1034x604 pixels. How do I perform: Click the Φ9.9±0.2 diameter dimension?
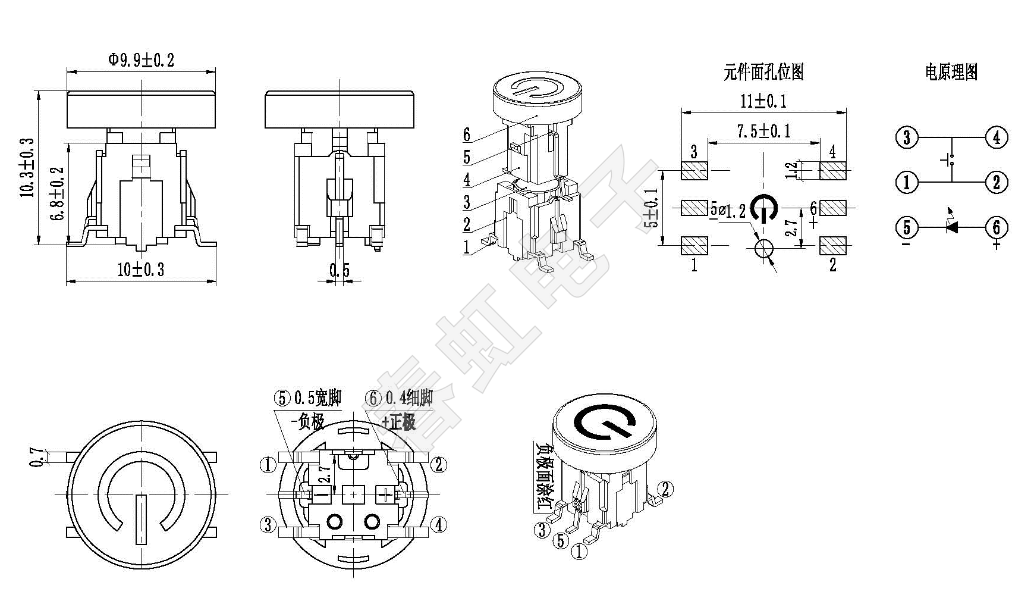pos(141,60)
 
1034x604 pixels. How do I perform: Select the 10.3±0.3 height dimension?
pos(27,168)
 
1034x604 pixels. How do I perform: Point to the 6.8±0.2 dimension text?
pos(58,193)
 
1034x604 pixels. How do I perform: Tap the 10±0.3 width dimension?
pos(140,270)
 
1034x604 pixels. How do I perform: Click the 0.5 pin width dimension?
pos(340,271)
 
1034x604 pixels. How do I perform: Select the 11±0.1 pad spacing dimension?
pos(763,101)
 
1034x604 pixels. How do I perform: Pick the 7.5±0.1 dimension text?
pos(764,131)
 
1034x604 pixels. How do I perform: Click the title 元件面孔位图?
pos(763,72)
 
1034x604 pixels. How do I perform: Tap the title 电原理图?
pos(951,72)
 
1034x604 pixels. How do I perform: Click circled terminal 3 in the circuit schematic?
pos(907,137)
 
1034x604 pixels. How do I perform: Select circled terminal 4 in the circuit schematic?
pos(997,137)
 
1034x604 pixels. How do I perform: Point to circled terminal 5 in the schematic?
pos(907,227)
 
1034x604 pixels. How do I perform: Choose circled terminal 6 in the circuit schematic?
pos(997,227)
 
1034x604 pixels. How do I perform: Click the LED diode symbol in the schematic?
pos(951,226)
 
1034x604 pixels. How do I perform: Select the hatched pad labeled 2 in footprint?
pos(832,245)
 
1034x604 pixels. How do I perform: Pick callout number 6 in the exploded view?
pos(467,135)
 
